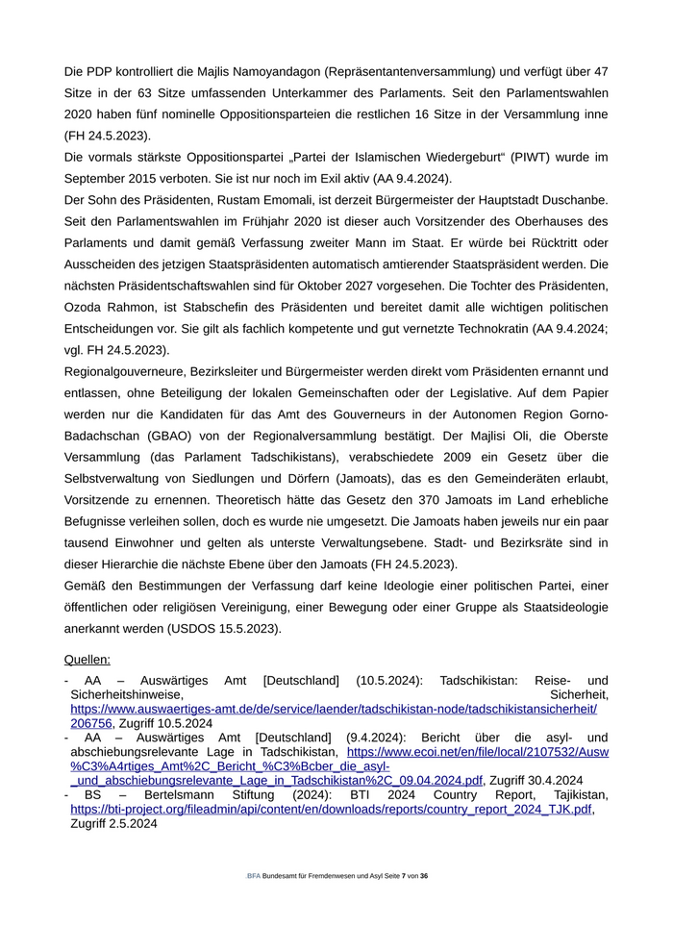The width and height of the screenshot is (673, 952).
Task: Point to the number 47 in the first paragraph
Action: pos(600,71)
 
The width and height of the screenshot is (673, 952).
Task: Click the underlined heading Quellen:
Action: pos(87,660)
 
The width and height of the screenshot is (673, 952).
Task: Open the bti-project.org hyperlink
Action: pos(332,810)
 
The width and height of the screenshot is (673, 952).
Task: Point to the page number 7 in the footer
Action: pos(404,876)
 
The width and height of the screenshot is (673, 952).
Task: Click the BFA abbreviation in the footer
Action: pos(254,876)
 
